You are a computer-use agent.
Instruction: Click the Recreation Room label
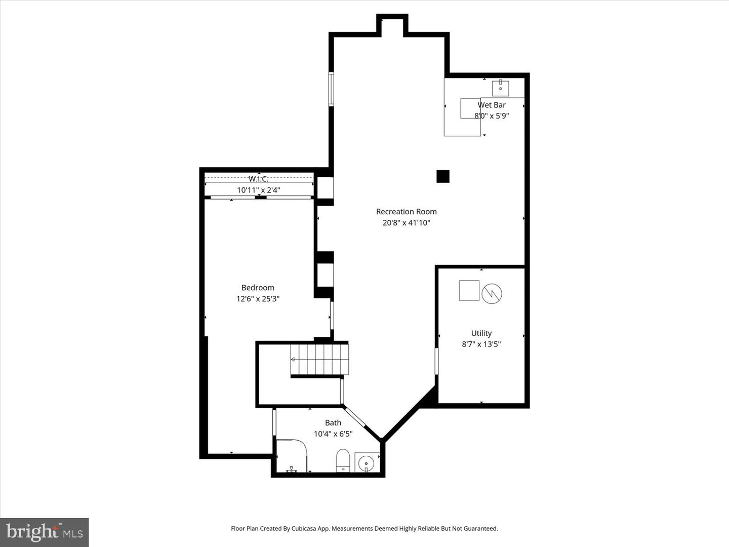[x=406, y=212]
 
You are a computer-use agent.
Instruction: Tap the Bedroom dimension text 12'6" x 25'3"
[x=258, y=299]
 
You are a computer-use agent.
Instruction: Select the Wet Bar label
[x=492, y=105]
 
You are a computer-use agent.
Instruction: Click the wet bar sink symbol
[x=500, y=88]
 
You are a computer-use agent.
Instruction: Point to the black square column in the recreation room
[x=443, y=176]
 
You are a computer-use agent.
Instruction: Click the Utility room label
[x=481, y=333]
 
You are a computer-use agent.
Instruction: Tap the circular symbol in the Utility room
[x=492, y=294]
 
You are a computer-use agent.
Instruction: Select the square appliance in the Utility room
[x=469, y=290]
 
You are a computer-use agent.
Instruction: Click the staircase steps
[x=319, y=359]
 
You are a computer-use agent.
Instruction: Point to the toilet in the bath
[x=343, y=460]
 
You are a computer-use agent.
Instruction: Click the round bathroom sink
[x=366, y=463]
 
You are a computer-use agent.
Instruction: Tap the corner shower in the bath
[x=291, y=456]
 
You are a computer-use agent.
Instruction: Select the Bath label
[x=333, y=422]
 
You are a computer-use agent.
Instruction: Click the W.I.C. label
[x=258, y=179]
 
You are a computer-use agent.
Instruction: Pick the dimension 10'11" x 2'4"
[x=258, y=190]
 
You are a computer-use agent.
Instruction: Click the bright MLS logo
[x=45, y=532]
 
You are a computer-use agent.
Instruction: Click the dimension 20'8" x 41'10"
[x=406, y=223]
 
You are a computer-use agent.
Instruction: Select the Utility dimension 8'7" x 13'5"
[x=481, y=344]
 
